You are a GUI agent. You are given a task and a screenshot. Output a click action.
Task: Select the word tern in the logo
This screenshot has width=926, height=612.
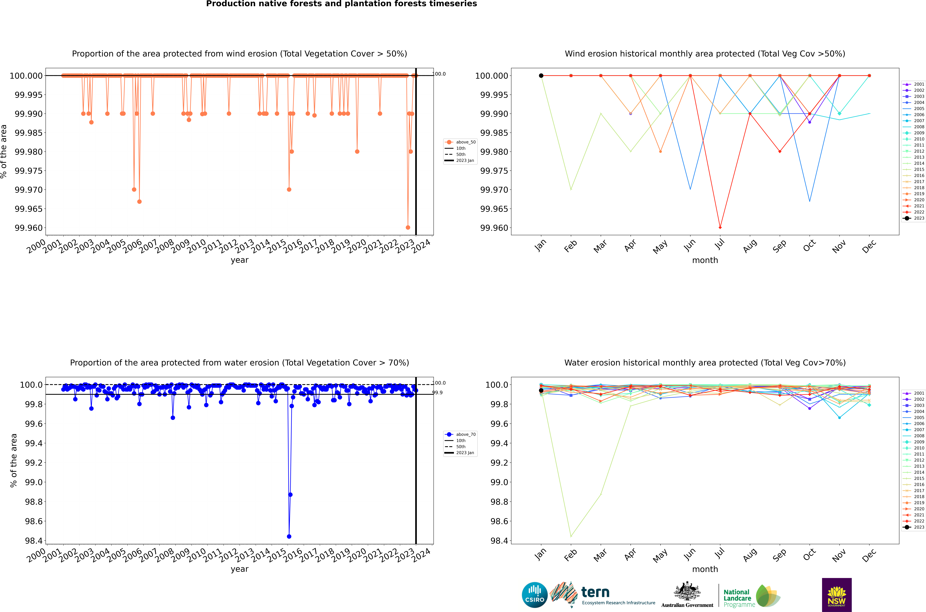tap(595, 592)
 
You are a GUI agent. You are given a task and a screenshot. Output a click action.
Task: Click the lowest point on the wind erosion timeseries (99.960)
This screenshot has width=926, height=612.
tap(408, 228)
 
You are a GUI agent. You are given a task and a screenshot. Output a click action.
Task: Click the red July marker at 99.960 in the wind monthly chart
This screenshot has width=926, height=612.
tap(720, 228)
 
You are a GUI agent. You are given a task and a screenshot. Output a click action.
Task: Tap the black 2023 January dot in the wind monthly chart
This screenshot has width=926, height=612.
tap(541, 76)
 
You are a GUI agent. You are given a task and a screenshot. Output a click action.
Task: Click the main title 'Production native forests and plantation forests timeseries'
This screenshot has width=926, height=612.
tap(341, 4)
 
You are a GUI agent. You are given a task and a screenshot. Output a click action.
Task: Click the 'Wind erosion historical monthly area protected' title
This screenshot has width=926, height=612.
tap(705, 54)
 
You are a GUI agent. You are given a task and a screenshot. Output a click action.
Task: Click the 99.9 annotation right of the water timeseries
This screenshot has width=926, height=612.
tap(437, 393)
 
